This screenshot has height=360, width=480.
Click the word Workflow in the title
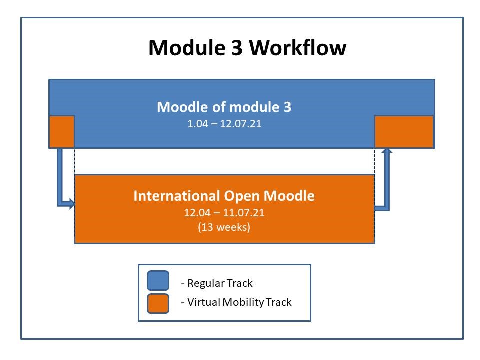[297, 48]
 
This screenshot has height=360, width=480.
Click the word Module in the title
[187, 48]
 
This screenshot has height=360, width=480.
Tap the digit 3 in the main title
[237, 48]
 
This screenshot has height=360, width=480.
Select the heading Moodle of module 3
[224, 107]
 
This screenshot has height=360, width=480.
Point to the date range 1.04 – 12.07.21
[224, 124]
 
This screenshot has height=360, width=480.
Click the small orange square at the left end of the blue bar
[62, 132]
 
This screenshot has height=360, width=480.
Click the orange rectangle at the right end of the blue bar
[404, 132]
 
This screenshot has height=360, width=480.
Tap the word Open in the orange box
[242, 196]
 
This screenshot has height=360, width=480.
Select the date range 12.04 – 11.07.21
[224, 213]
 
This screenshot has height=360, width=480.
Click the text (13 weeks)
[224, 227]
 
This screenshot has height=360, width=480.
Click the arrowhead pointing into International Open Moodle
[72, 203]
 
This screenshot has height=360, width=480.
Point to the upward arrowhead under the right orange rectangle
[387, 151]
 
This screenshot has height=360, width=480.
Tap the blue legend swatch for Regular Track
[158, 280]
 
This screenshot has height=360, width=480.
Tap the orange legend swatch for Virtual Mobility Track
[158, 303]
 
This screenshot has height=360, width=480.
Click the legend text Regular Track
[220, 283]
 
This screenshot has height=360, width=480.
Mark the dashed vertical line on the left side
[74, 161]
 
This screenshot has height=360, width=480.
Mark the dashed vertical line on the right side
[374, 161]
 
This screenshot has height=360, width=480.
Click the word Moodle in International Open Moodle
[289, 196]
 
